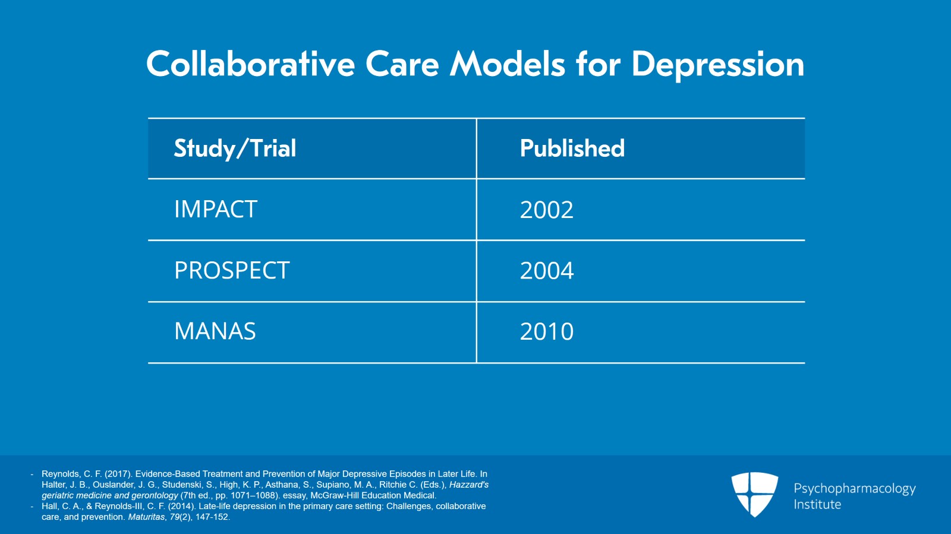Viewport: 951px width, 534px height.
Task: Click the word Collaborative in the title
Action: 250,64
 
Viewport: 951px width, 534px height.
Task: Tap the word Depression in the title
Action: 717,64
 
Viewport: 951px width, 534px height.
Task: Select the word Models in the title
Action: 507,64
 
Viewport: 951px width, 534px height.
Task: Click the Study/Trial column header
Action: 235,148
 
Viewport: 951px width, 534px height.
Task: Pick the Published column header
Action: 572,148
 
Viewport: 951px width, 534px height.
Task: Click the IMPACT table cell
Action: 215,210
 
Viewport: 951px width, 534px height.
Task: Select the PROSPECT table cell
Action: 232,271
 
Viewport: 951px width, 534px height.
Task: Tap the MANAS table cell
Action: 215,331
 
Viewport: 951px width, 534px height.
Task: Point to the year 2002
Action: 546,210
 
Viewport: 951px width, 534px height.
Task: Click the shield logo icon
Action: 754,494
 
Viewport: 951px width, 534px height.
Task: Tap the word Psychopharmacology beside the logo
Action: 854,489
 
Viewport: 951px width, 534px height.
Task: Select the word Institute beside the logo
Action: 817,505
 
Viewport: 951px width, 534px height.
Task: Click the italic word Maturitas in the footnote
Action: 146,517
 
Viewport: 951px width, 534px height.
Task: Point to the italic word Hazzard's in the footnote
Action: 468,485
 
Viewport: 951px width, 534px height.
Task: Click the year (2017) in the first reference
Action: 118,474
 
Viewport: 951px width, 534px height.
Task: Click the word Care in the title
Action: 402,64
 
